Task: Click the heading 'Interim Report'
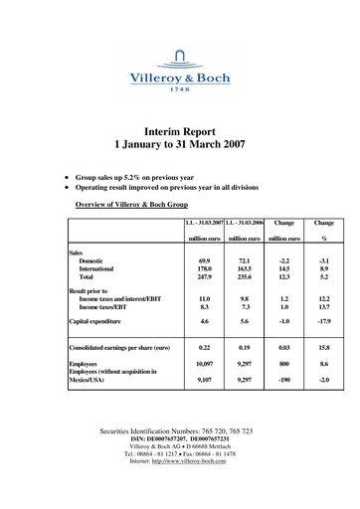pyautogui.click(x=180, y=130)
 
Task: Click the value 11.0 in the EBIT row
pyautogui.click(x=204, y=312)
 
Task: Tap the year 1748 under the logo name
pyautogui.click(x=179, y=89)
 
